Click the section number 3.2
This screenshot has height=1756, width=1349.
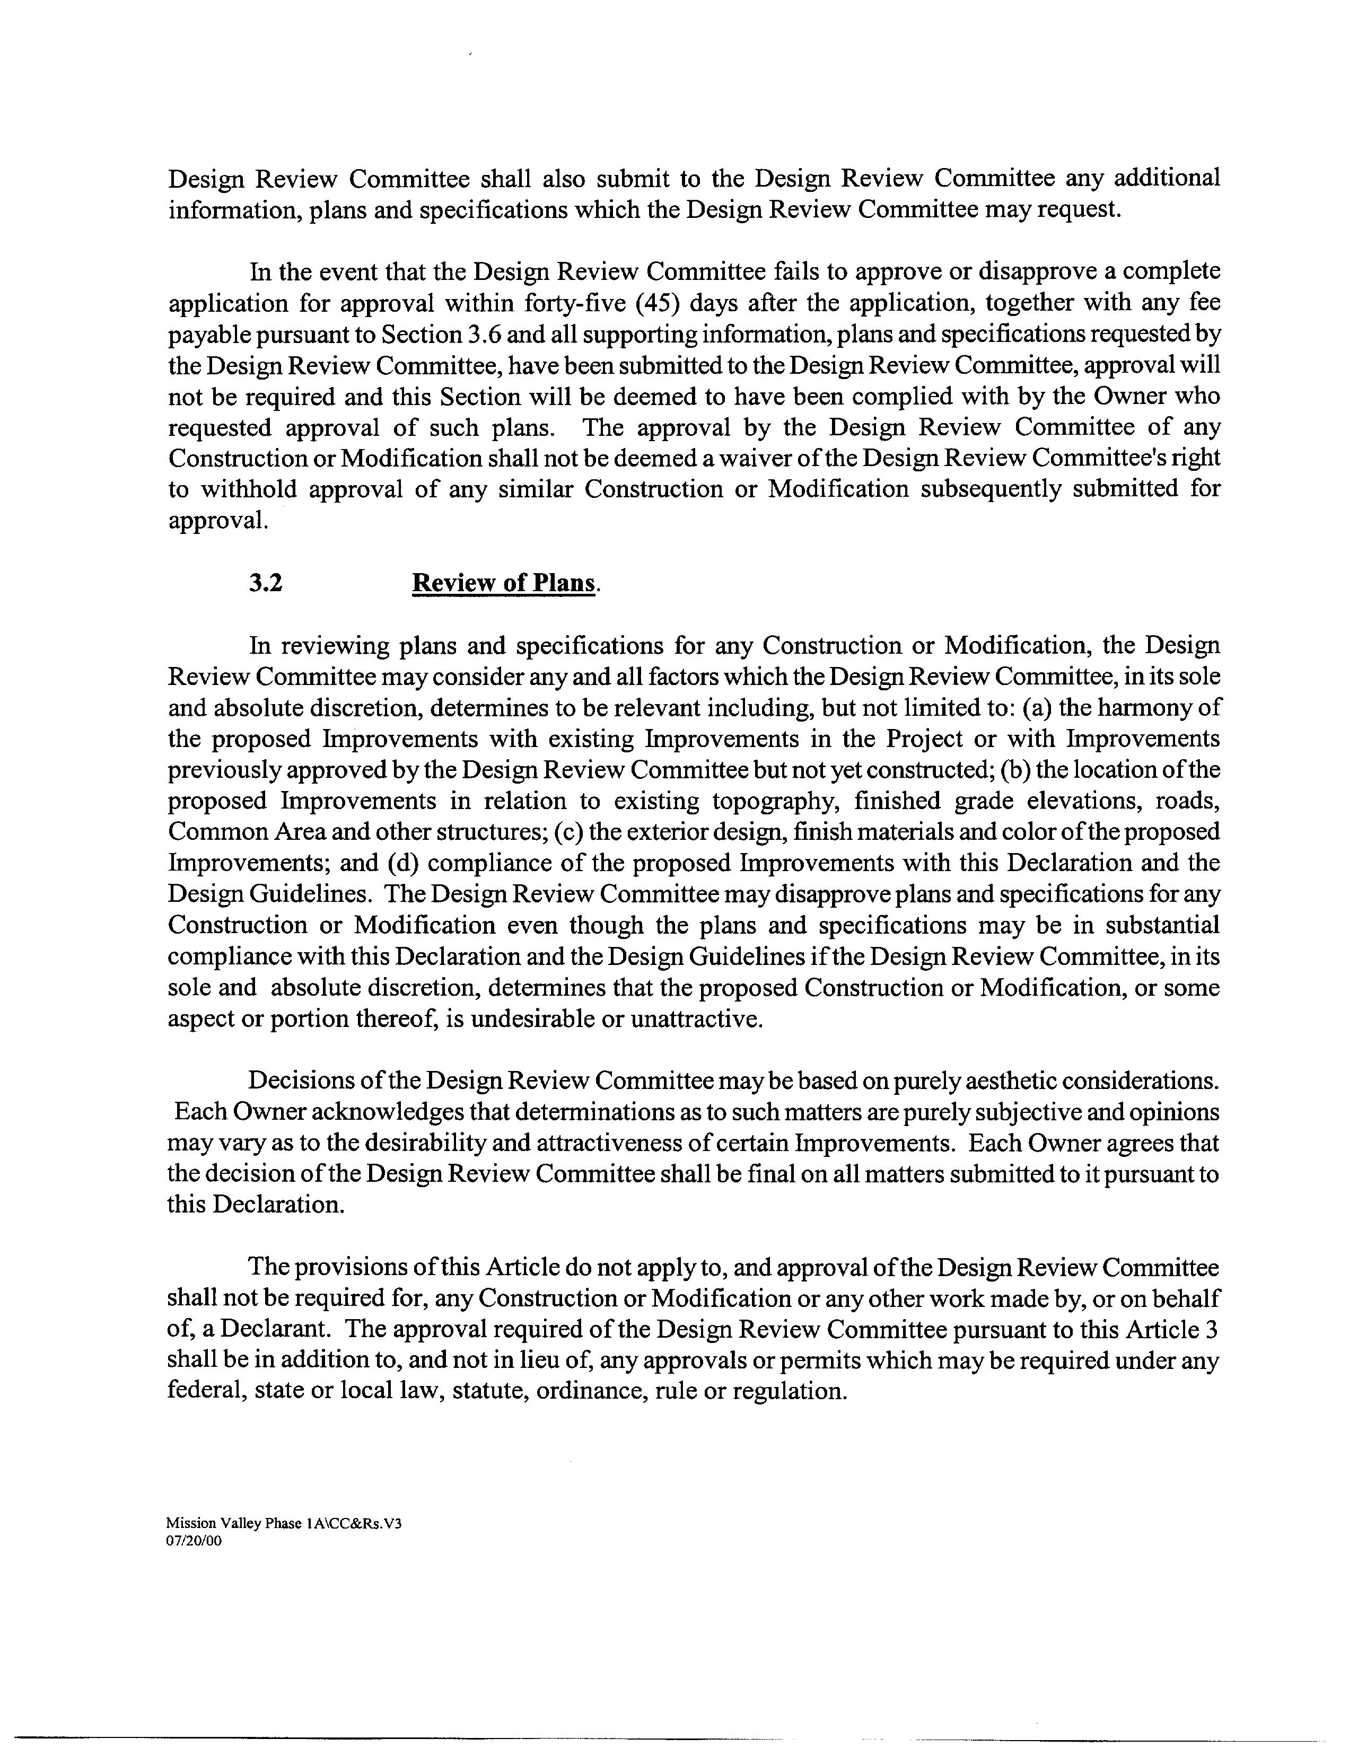click(x=266, y=583)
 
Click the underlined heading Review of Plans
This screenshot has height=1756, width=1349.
click(x=504, y=583)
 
